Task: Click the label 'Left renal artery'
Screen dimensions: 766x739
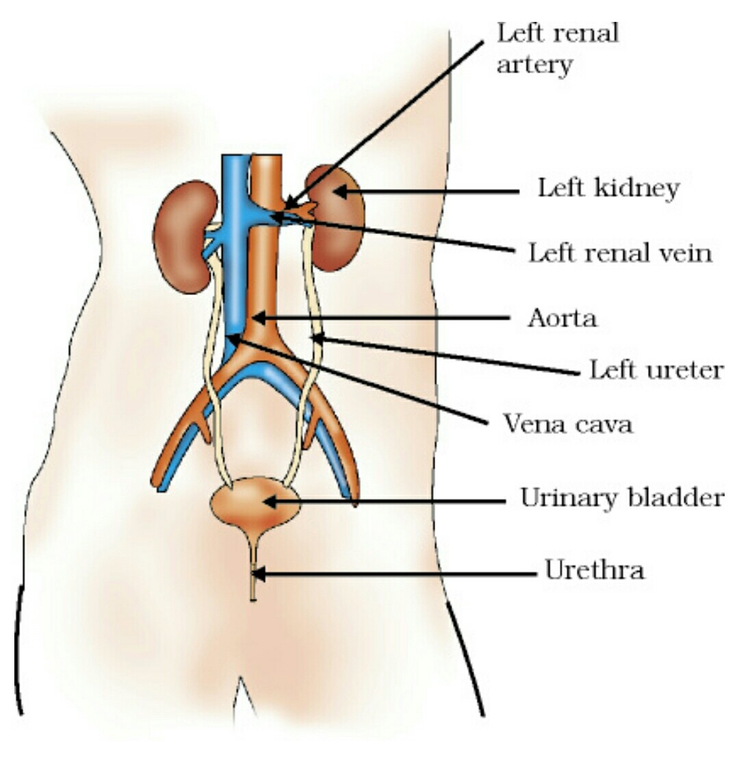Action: (x=557, y=49)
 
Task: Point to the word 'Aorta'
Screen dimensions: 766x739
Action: (x=562, y=318)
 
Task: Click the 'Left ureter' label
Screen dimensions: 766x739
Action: (x=656, y=370)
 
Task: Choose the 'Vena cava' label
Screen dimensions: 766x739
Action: (x=568, y=424)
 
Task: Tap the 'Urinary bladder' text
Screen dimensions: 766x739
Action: (x=621, y=498)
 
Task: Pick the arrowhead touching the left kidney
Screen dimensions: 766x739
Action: (x=340, y=192)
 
